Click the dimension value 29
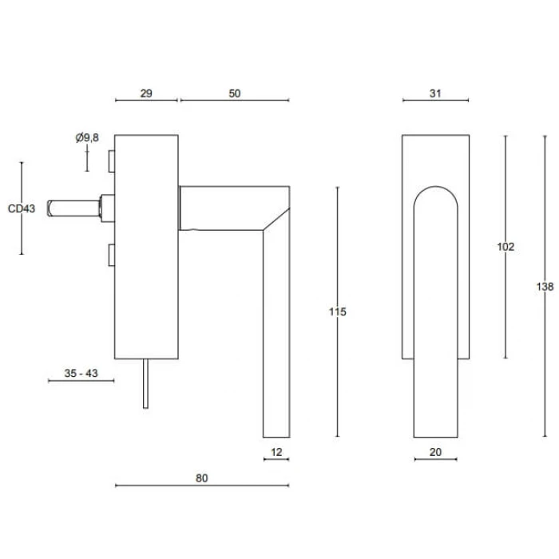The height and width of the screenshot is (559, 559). pos(146,93)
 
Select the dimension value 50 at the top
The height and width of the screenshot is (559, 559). pos(234,93)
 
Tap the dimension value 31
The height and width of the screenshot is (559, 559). pos(435,93)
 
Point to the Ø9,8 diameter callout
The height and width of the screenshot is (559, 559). pos(87,138)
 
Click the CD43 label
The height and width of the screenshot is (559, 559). pos(22,209)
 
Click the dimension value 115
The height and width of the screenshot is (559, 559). pos(338,311)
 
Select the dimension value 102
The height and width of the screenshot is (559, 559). pos(505,247)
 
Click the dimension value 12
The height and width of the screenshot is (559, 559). pos(276,453)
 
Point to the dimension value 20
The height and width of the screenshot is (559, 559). pos(435,453)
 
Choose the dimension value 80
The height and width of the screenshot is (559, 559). pos(201,478)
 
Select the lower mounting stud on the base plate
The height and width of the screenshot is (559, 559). pos(110,256)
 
